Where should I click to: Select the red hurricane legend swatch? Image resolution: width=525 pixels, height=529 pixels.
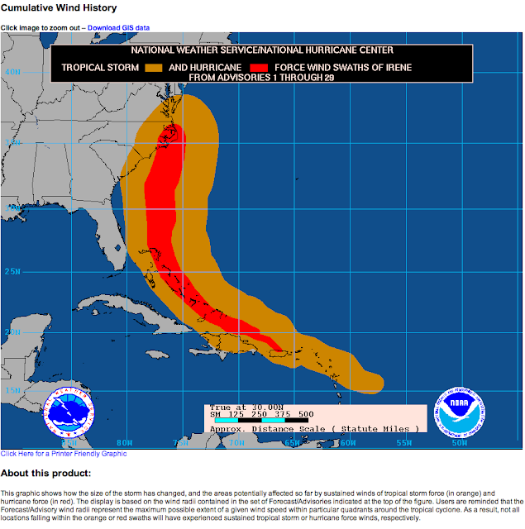point(259,67)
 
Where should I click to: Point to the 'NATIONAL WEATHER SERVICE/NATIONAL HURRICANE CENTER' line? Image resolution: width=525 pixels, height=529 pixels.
point(260,52)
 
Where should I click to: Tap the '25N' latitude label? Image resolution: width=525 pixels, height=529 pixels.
point(12,271)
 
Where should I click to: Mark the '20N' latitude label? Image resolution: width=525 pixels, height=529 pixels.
point(12,332)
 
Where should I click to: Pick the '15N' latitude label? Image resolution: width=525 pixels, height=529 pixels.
point(12,390)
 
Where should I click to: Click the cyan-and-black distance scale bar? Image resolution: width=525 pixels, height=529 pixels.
point(257,421)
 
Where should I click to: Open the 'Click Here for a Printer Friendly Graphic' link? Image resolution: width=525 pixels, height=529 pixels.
point(64,454)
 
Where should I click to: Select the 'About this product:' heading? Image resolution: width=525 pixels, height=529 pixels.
point(45,474)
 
